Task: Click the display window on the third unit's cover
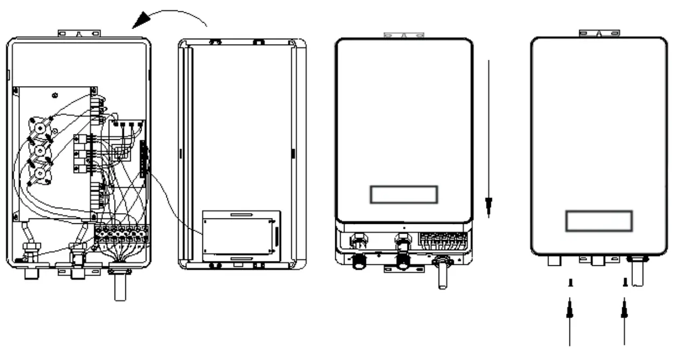point(404,194)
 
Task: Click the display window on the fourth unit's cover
point(598,221)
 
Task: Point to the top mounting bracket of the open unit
point(79,33)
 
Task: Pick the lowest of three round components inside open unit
point(40,172)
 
